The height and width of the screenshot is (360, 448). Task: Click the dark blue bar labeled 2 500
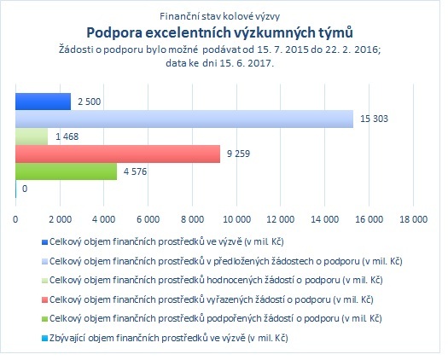(x=44, y=102)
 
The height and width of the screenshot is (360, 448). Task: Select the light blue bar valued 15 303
(x=184, y=119)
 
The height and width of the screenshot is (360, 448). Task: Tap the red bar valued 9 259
(x=118, y=154)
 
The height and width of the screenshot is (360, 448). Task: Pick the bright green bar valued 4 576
(x=66, y=171)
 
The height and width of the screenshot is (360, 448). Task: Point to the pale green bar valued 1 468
(x=32, y=136)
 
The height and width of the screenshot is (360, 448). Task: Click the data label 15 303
(x=374, y=119)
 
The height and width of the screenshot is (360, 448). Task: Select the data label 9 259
(x=238, y=154)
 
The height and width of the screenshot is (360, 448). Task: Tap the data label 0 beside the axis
(x=25, y=189)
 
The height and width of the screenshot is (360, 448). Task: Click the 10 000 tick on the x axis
(x=237, y=219)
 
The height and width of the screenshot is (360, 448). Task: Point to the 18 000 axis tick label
(x=413, y=219)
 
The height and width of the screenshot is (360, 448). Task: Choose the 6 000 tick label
(x=148, y=219)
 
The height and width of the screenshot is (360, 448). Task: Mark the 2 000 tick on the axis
(x=60, y=219)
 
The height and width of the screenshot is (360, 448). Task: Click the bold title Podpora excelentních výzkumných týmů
(x=219, y=32)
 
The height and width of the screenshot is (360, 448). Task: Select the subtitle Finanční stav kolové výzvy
(x=219, y=16)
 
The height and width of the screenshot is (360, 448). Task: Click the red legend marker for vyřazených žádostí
(x=44, y=300)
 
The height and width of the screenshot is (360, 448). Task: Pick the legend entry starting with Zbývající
(x=169, y=339)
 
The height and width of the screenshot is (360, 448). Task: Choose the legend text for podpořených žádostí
(x=215, y=318)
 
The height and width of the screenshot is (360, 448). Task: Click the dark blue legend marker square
(x=44, y=242)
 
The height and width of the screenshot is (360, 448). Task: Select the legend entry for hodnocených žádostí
(x=216, y=281)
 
